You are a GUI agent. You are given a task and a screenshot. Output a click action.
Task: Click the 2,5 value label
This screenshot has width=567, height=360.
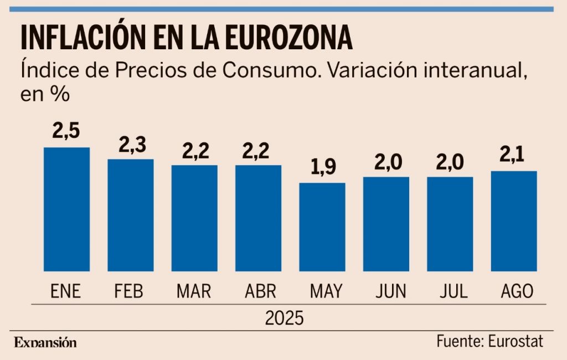coord(66,131)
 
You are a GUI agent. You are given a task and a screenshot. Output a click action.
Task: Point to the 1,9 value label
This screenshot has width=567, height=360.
coord(322,167)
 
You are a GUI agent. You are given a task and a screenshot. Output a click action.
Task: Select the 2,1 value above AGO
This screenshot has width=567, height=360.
coord(514,156)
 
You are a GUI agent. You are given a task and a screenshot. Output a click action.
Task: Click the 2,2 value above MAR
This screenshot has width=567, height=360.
coord(194,150)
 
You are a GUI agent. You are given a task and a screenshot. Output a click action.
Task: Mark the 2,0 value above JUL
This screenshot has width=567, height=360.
coord(450,162)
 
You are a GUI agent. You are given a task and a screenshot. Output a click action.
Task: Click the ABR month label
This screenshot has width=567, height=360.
coord(258,291)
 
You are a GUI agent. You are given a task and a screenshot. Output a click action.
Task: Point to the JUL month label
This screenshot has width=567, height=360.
coord(450,291)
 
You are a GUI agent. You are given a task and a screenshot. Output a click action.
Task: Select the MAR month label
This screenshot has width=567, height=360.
coord(194,291)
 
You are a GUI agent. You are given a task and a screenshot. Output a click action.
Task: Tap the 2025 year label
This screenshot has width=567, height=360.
coord(284,318)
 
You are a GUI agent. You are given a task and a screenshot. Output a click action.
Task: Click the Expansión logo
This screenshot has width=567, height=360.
coord(45,342)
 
